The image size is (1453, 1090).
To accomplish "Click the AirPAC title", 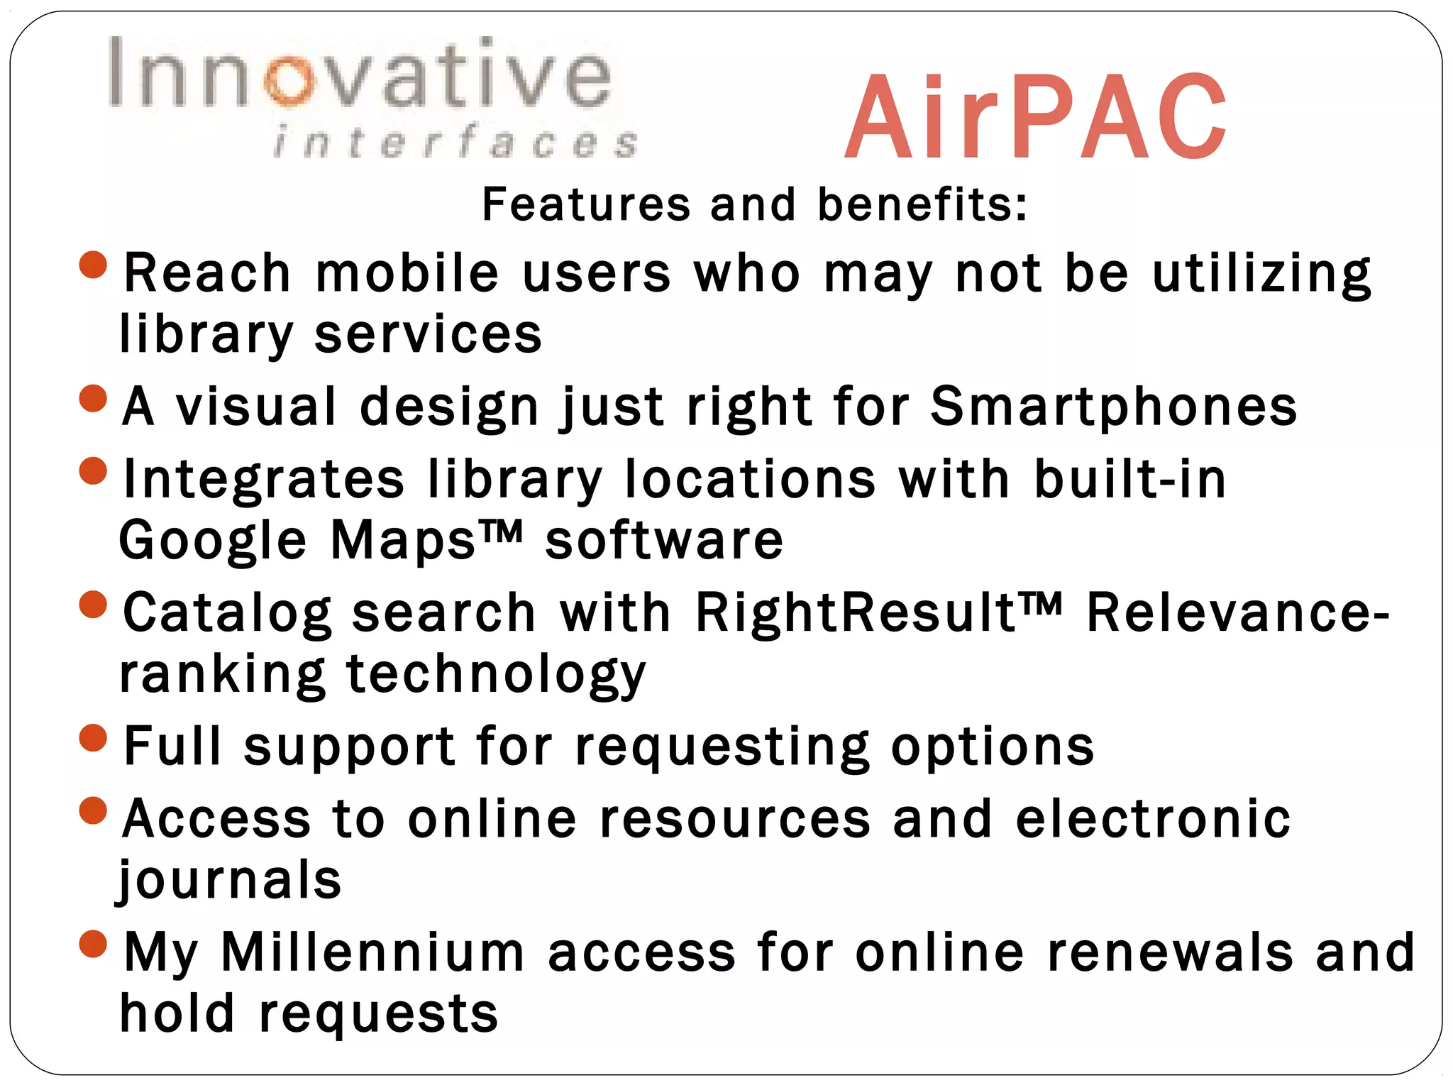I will click(1035, 118).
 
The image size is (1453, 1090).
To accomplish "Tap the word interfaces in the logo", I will click(455, 141).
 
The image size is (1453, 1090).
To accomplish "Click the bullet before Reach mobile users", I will click(93, 265).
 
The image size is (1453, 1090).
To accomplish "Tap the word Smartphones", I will click(1114, 407).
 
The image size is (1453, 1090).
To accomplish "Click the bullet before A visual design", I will click(93, 398).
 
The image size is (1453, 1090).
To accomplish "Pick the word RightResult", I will click(856, 612).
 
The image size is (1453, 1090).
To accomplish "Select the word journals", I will click(229, 881).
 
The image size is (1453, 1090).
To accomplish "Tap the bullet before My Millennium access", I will click(93, 944).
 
